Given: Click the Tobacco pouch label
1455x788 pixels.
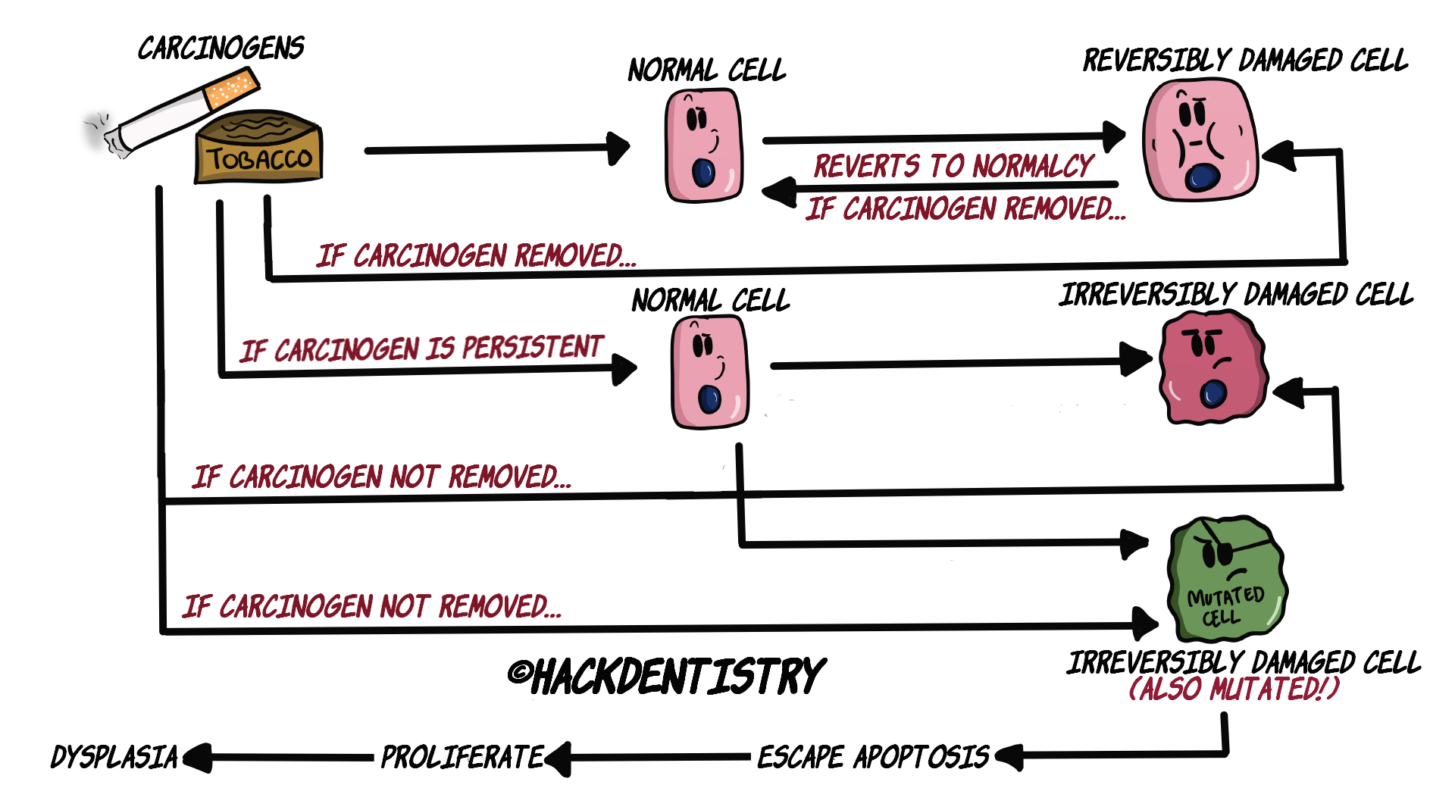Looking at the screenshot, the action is pyautogui.click(x=259, y=159).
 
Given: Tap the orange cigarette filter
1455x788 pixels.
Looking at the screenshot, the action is pyautogui.click(x=231, y=89).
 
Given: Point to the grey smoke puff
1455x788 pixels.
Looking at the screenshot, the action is pyautogui.click(x=96, y=130).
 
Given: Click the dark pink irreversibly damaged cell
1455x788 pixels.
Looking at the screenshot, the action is pyautogui.click(x=1212, y=367).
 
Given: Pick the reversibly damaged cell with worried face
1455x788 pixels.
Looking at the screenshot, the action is pyautogui.click(x=1200, y=140).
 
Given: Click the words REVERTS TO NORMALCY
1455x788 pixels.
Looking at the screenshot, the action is pyautogui.click(x=953, y=166).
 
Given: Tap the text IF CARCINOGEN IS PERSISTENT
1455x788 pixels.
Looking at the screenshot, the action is pyautogui.click(x=421, y=349).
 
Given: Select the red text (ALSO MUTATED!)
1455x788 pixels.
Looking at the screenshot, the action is pyautogui.click(x=1234, y=689).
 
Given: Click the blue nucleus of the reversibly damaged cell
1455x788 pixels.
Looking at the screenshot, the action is pyautogui.click(x=1203, y=177).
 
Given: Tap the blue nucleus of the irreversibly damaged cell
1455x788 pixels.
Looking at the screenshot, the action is pyautogui.click(x=1213, y=393).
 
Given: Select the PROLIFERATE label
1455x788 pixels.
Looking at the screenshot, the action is pyautogui.click(x=462, y=757).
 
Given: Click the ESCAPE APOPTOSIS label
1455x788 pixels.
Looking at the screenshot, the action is pyautogui.click(x=873, y=757).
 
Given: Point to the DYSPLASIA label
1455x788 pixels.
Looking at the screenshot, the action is pyautogui.click(x=114, y=757).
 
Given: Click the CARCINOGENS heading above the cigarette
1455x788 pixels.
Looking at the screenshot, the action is pyautogui.click(x=221, y=48).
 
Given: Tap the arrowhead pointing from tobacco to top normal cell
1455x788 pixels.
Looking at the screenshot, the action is pyautogui.click(x=619, y=149).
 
